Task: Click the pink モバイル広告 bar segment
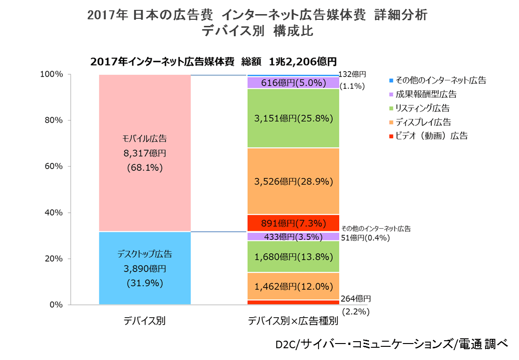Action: pos(144,153)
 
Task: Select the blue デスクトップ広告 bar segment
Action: pos(144,268)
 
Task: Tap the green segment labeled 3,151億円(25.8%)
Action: pos(293,119)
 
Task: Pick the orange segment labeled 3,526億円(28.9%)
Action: pos(293,181)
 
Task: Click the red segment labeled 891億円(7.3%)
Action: pos(293,223)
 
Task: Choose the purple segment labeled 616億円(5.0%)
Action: pos(293,83)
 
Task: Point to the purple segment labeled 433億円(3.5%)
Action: pos(293,237)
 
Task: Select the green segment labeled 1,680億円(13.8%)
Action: pos(293,256)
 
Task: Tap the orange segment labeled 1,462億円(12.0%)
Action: pos(293,286)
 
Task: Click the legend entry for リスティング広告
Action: pos(422,108)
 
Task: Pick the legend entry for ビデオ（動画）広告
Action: pos(431,136)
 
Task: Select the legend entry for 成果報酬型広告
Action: pos(426,94)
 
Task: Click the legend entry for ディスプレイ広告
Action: pos(423,122)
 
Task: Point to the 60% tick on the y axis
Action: pos(53,166)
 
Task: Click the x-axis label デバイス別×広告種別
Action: pos(293,321)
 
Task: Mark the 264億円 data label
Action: pos(356,298)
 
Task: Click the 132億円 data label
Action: pos(352,74)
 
